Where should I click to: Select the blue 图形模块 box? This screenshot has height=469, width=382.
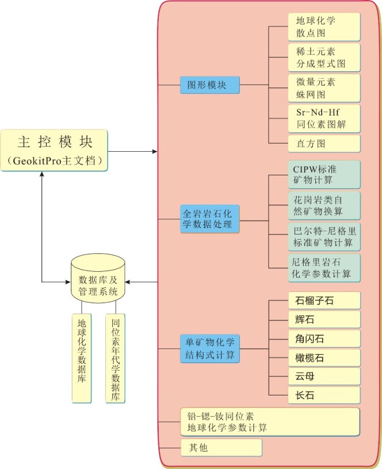[209, 84]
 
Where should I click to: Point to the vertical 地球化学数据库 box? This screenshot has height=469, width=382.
[82, 357]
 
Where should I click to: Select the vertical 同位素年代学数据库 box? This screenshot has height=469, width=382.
[115, 357]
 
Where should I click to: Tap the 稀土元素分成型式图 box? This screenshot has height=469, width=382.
[324, 57]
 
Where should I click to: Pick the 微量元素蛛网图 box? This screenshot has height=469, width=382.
[324, 87]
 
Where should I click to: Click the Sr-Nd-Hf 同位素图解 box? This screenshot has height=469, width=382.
[324, 118]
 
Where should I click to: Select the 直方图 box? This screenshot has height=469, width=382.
[324, 143]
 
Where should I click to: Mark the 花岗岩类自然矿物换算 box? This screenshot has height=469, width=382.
[324, 205]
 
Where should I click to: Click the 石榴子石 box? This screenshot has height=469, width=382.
[324, 300]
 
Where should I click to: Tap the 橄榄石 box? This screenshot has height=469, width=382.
[324, 357]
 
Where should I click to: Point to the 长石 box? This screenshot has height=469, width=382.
[324, 395]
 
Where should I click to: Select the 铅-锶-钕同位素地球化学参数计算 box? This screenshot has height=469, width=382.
[269, 422]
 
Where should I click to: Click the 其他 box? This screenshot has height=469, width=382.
[221, 447]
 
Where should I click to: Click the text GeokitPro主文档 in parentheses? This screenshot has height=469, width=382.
[54, 161]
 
